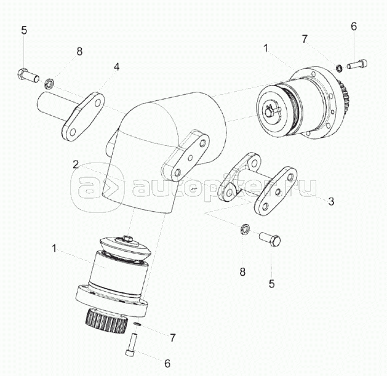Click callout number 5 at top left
pos(24,30)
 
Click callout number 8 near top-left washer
pos(79,52)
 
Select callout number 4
pos(116,66)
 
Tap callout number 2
pos(76,164)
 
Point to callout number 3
pos(331,201)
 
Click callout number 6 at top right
pos(354,26)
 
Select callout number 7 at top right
pos(305,39)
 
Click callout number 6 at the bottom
pos(167,363)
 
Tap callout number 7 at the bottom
pos(172,338)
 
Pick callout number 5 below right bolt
pos(271,284)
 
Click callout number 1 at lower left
pos(55,248)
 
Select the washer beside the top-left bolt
pos(49,83)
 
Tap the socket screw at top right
pos(357,64)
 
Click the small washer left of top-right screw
pos(340,68)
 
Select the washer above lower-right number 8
pos(245,229)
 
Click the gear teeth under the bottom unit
pos(106,321)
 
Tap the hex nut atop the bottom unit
pos(127,238)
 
